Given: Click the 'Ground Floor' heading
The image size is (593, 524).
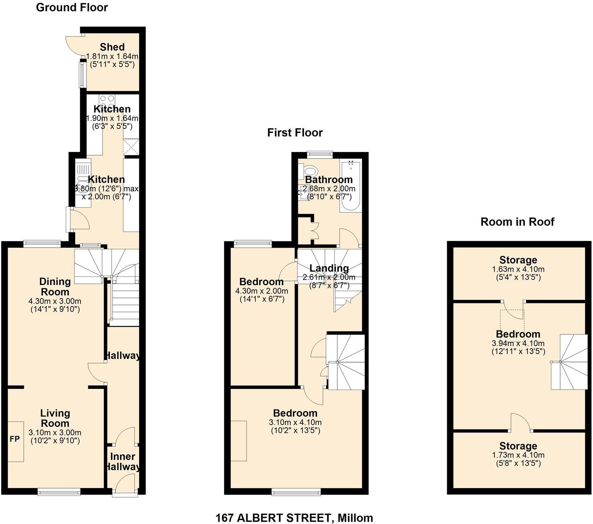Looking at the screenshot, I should (x=72, y=8).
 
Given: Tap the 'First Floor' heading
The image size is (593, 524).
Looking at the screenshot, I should (x=295, y=133).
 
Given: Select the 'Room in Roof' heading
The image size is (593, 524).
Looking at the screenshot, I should (x=517, y=222).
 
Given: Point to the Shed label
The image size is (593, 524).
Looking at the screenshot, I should (x=112, y=47).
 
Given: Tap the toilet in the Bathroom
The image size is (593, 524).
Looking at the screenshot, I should (x=310, y=172).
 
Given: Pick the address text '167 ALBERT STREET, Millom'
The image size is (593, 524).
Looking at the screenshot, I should (x=294, y=518).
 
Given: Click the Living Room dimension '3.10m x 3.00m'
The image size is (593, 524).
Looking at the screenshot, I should (x=55, y=433).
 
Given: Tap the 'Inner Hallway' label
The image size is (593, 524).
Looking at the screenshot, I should (x=123, y=461).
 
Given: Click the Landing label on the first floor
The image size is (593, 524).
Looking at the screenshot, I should (x=329, y=268).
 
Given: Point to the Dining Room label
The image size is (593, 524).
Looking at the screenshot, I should (x=55, y=286).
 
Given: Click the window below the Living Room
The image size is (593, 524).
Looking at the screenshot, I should (x=59, y=492).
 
